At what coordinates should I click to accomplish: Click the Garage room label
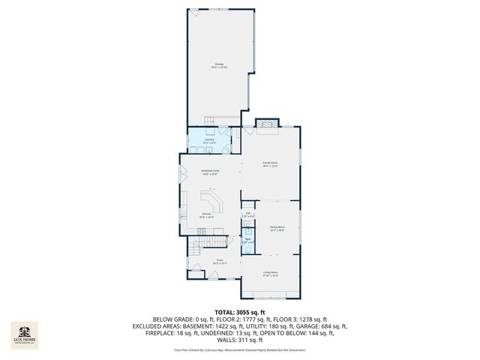click(x=220, y=65)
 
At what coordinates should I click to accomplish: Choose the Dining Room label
click(x=277, y=228)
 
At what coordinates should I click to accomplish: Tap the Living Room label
click(x=270, y=274)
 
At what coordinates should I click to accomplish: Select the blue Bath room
click(x=247, y=244)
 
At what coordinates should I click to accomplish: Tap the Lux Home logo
click(x=24, y=334)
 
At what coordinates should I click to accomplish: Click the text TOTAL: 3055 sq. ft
click(x=240, y=311)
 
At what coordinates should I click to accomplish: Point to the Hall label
click(x=247, y=214)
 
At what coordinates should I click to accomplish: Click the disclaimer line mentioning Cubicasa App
click(x=240, y=349)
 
